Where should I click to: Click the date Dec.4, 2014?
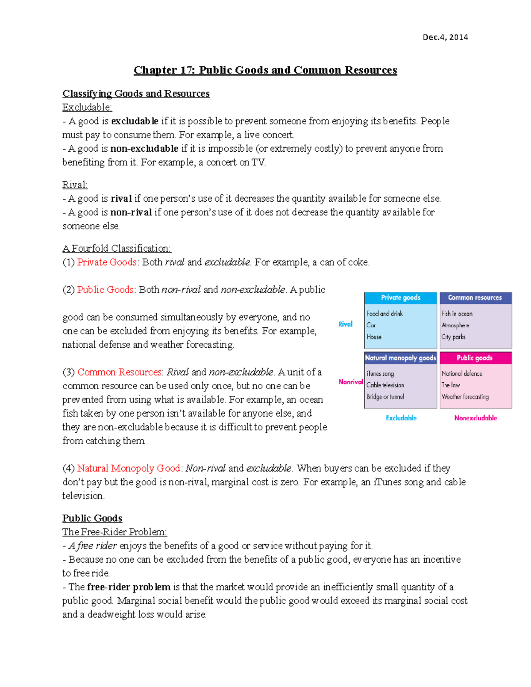click(x=445, y=37)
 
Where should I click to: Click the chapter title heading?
click(x=265, y=70)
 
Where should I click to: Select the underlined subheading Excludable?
click(x=87, y=107)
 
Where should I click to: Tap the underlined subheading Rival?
click(x=75, y=185)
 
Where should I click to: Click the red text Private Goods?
click(x=107, y=262)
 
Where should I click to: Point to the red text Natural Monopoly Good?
click(x=128, y=468)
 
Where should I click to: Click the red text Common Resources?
click(x=120, y=372)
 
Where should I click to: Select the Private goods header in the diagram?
click(x=400, y=298)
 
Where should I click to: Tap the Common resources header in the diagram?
click(x=475, y=298)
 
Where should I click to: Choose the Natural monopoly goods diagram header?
click(x=400, y=358)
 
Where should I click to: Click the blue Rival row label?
click(x=346, y=324)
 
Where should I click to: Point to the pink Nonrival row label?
click(x=350, y=382)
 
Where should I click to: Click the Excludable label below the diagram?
click(x=401, y=418)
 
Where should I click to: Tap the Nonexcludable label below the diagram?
click(x=475, y=418)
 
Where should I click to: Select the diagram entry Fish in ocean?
click(x=457, y=314)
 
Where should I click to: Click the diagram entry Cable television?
click(x=385, y=385)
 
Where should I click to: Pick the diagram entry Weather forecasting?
click(x=465, y=397)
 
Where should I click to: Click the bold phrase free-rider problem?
click(x=128, y=587)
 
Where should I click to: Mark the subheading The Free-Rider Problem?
click(x=115, y=532)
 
